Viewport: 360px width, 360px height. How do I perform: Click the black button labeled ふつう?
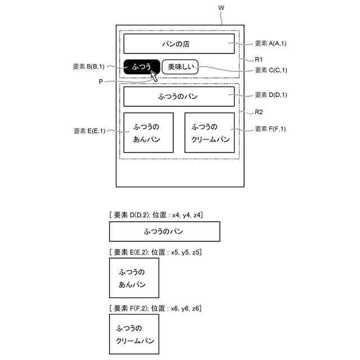(142, 67)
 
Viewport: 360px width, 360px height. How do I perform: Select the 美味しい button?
(181, 67)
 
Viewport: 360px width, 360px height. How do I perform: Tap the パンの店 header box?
(179, 43)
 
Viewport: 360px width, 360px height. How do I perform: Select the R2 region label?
(259, 112)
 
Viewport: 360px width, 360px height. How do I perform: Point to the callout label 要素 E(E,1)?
(89, 131)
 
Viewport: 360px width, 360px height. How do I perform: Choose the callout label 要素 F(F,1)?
(271, 129)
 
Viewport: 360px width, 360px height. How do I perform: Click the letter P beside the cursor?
(101, 82)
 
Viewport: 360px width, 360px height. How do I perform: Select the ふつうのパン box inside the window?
(179, 96)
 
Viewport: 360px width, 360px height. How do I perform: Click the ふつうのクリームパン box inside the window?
(209, 132)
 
